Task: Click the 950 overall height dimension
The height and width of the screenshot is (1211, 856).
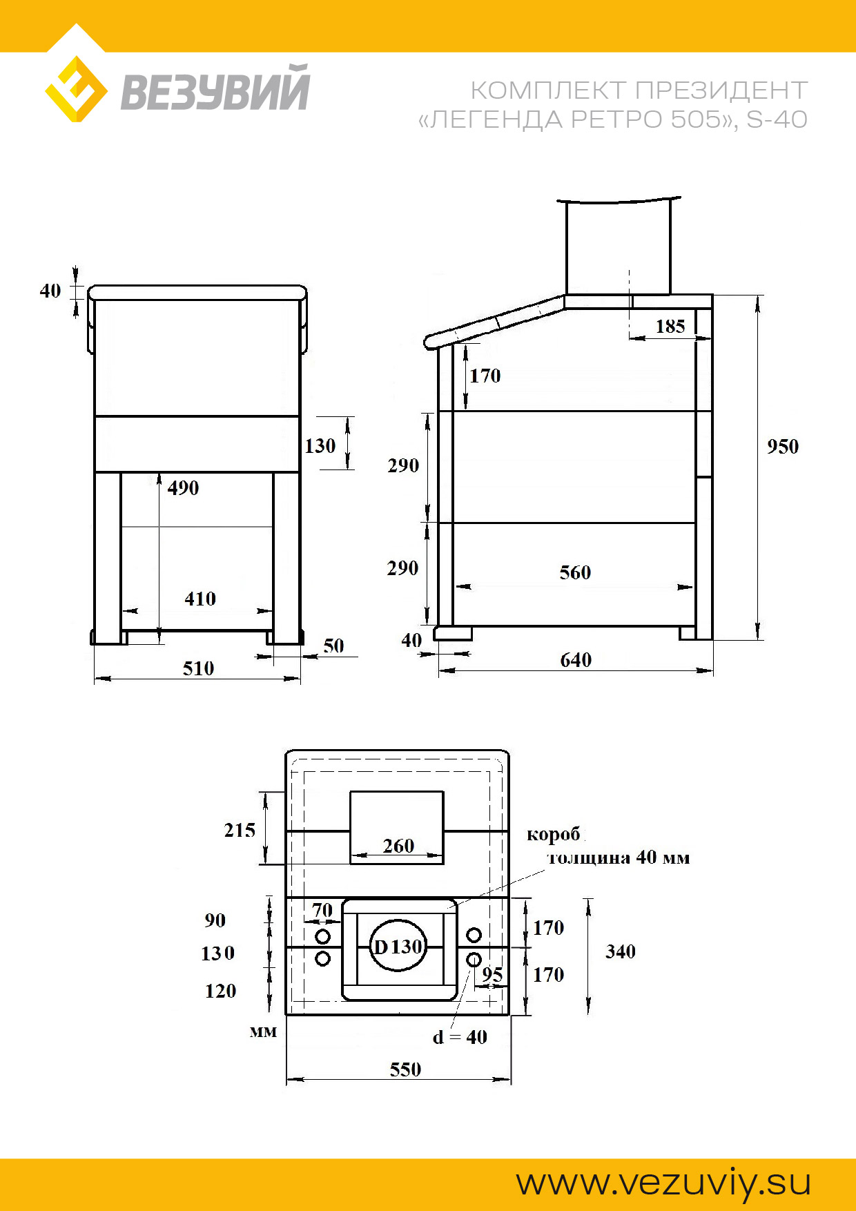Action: click(783, 447)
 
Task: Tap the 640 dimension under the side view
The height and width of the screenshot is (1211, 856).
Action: click(576, 660)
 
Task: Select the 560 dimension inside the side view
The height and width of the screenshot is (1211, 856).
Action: click(575, 572)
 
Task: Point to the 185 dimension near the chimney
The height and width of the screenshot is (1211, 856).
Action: click(670, 327)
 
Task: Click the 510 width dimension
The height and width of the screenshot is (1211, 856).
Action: click(198, 668)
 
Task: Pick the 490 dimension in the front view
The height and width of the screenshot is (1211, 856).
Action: click(183, 488)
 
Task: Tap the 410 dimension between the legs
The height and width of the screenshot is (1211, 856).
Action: click(200, 599)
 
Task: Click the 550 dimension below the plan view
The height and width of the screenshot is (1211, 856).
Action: click(405, 1069)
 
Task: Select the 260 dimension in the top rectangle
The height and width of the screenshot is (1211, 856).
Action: click(398, 846)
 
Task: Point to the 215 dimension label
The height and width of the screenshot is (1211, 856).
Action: click(240, 830)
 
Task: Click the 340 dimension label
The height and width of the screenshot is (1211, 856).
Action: click(621, 951)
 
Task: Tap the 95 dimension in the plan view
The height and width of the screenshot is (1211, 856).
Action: click(492, 974)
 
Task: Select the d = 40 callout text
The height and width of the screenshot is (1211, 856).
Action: click(460, 1037)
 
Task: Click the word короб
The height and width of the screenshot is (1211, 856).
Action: click(554, 835)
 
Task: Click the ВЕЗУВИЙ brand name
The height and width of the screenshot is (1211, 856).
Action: click(215, 88)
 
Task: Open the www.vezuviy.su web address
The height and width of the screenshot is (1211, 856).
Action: click(663, 1183)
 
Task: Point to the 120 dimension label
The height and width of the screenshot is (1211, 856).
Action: click(220, 991)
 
